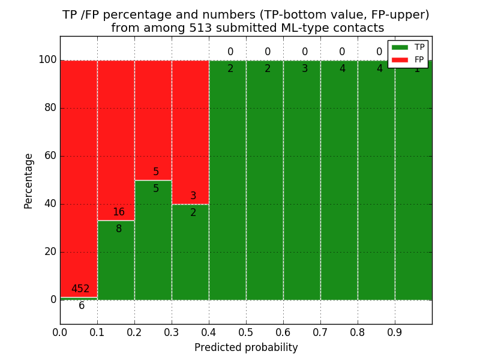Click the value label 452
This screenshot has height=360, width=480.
click(x=80, y=289)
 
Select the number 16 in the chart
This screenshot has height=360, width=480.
click(x=119, y=212)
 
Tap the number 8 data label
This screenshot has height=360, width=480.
click(x=119, y=229)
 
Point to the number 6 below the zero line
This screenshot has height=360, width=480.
click(x=82, y=306)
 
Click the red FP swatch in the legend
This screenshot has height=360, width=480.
click(x=400, y=60)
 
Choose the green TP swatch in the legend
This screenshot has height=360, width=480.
click(x=400, y=47)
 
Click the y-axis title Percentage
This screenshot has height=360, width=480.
click(x=29, y=181)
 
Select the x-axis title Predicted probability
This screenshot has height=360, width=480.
click(x=246, y=348)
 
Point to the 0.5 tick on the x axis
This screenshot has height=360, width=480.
click(x=246, y=332)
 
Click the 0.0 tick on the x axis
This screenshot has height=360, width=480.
click(x=60, y=332)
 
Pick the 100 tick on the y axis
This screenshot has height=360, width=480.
click(x=47, y=60)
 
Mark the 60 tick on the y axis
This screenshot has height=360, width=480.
click(x=50, y=156)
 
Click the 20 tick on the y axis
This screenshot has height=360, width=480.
click(x=50, y=252)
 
